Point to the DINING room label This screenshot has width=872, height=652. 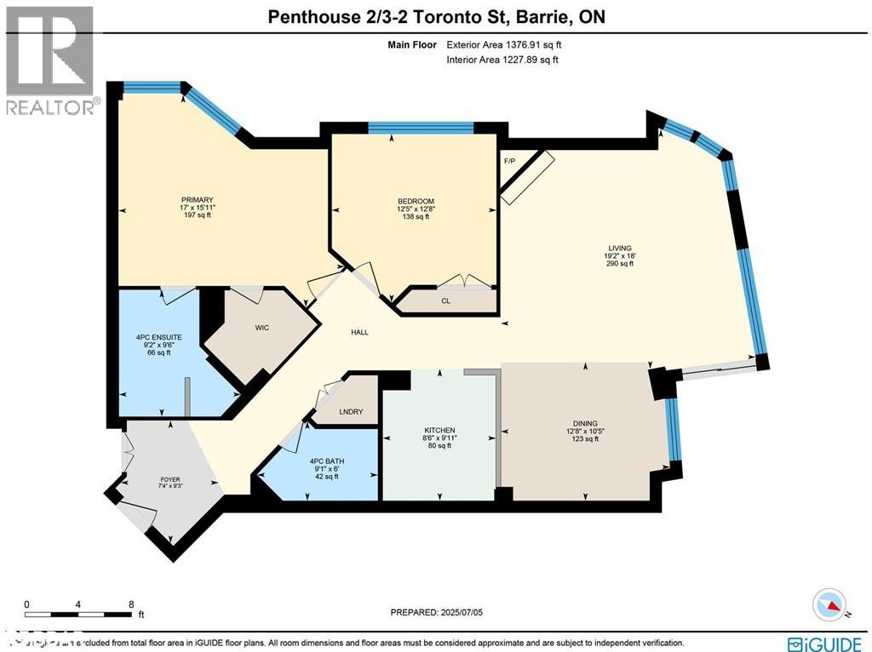click(585, 423)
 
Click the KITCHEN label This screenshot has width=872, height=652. click(440, 430)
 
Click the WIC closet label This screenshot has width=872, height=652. click(261, 328)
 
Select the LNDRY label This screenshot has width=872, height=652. click(351, 412)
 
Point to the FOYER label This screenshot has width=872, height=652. click(170, 479)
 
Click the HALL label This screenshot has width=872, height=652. click(360, 332)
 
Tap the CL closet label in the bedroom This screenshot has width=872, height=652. click(445, 300)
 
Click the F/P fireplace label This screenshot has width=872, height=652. click(510, 160)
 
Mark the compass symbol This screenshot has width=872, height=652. click(831, 605)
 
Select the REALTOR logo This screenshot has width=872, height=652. click(50, 60)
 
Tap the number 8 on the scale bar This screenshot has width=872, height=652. click(131, 604)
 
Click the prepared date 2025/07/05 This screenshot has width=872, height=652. click(441, 612)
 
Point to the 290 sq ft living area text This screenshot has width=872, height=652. click(620, 264)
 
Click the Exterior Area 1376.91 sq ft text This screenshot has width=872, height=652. click(502, 44)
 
